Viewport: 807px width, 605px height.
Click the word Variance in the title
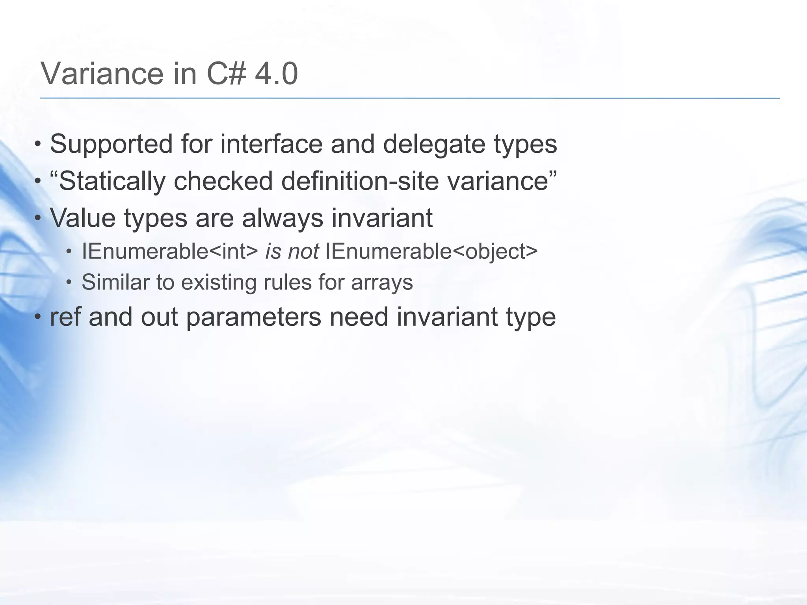pos(102,74)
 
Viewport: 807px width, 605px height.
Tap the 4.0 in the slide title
pos(276,74)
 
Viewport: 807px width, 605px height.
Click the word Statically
pos(112,182)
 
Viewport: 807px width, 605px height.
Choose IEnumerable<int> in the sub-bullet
pos(170,251)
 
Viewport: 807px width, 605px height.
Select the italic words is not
pos(292,251)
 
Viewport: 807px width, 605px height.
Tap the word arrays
pos(382,283)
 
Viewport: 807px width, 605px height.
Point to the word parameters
pos(253,317)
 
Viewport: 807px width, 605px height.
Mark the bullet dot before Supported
pos(37,144)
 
